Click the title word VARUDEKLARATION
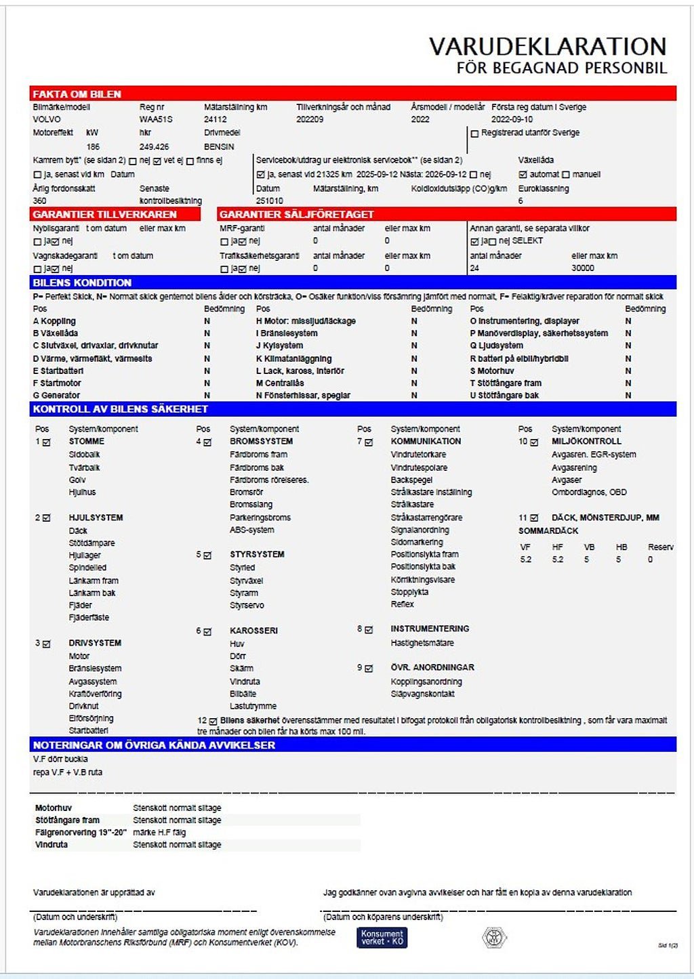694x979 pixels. tap(548, 47)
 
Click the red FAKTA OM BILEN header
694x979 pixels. tap(77, 94)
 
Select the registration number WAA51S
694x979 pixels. tap(156, 119)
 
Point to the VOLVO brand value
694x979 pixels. tap(46, 119)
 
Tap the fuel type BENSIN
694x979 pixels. tap(219, 146)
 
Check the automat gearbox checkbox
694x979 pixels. tap(523, 175)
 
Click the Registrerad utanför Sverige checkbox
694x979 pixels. tap(474, 133)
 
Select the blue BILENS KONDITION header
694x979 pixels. tap(82, 283)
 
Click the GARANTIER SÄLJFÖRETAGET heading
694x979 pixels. tap(296, 214)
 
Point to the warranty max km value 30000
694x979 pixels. tap(583, 268)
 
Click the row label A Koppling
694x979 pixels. tap(54, 321)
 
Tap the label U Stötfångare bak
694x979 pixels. tap(504, 396)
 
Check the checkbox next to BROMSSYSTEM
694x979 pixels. tap(207, 442)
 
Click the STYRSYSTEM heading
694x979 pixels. tap(257, 554)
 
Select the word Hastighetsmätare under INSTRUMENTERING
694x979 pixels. tap(422, 643)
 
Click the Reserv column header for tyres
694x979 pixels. tap(660, 547)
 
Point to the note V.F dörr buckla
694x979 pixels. tap(60, 759)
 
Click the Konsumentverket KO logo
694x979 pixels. tap(382, 938)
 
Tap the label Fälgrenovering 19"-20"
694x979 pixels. tap(81, 833)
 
